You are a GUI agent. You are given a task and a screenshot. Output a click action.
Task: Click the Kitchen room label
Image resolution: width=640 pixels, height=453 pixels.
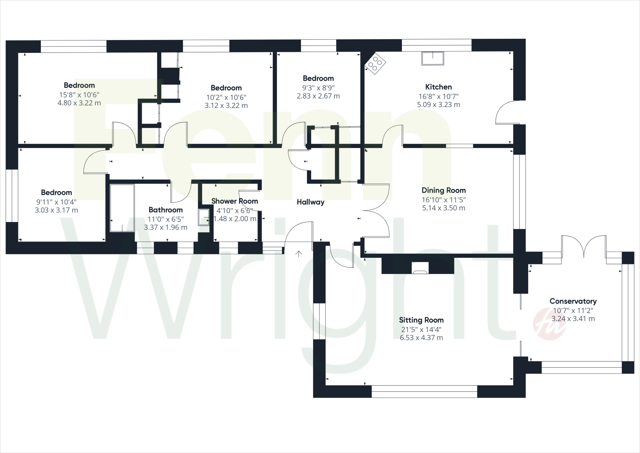click(x=438, y=87)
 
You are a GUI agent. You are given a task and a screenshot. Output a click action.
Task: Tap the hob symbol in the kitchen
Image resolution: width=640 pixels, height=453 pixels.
click(x=375, y=64)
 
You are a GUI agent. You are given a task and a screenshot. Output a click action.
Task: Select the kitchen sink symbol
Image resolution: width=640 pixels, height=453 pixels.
click(x=433, y=59)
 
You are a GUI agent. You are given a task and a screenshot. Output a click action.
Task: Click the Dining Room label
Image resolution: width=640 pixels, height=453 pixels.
click(x=443, y=190)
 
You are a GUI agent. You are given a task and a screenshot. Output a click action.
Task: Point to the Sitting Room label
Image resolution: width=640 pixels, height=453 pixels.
click(x=421, y=320)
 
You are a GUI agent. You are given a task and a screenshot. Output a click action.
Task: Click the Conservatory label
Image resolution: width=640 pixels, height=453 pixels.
click(x=573, y=301)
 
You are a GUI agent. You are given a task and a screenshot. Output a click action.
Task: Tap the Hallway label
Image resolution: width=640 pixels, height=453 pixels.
click(x=310, y=202)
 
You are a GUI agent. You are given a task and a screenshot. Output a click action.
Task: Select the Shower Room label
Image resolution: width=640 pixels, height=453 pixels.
click(x=235, y=201)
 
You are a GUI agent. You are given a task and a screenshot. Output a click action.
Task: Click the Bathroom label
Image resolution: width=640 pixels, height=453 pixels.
click(x=166, y=210)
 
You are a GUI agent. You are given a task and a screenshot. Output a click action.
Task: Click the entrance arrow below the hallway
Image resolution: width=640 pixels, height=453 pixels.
click(x=299, y=254)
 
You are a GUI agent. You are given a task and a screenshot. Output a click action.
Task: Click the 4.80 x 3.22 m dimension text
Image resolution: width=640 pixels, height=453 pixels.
click(x=79, y=103)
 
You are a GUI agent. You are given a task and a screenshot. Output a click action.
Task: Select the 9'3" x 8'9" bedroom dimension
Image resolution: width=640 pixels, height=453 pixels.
click(x=318, y=88)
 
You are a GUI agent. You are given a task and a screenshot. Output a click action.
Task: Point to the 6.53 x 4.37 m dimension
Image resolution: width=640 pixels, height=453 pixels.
click(x=421, y=338)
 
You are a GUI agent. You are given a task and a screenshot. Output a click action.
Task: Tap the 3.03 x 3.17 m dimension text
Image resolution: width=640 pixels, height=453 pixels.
click(x=56, y=210)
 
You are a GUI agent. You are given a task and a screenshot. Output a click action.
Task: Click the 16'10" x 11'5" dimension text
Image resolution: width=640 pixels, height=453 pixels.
click(x=443, y=200)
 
